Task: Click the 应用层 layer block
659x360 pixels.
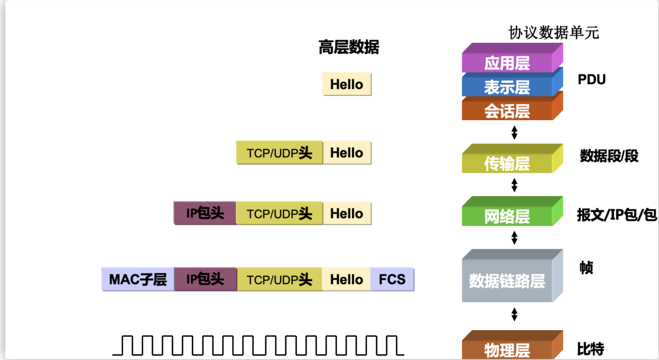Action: click(507, 63)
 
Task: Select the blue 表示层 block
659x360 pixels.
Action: click(507, 87)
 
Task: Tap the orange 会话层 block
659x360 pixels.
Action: click(507, 111)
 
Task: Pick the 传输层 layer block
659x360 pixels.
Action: click(507, 164)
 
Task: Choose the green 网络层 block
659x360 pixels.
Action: click(507, 216)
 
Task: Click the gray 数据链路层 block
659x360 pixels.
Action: click(507, 281)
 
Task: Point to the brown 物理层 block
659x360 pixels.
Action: click(507, 350)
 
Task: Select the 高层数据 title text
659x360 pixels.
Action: click(349, 47)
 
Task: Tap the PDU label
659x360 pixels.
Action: click(592, 80)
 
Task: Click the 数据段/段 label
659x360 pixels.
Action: click(609, 156)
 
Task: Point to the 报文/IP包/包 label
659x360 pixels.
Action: click(617, 215)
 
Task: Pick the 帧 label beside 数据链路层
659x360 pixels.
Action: click(586, 268)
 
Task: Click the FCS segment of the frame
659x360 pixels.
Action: click(392, 279)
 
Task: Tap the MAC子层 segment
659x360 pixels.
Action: click(138, 279)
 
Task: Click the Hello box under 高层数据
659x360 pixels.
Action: click(346, 84)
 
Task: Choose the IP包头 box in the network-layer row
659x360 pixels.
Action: click(205, 213)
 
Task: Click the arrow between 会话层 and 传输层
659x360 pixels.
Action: click(514, 132)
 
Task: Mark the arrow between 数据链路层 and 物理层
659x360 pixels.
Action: click(514, 315)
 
